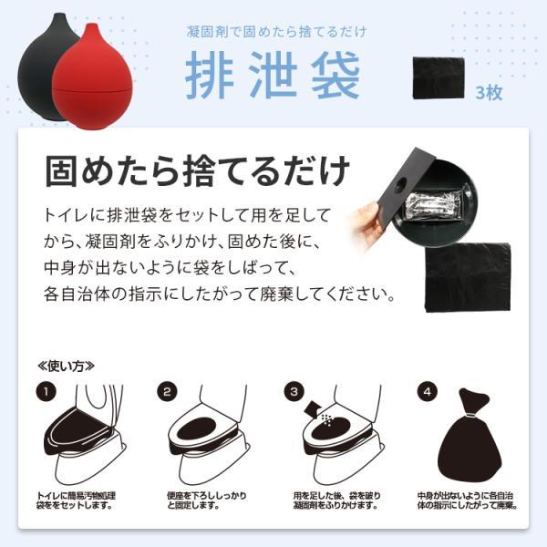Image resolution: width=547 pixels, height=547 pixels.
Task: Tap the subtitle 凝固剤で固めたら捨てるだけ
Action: pos(273,32)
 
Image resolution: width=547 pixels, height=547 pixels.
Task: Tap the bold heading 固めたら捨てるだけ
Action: pos(197,170)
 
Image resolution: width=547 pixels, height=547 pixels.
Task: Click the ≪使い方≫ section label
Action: pos(66,366)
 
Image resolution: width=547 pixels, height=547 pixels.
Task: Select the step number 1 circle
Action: pos(45,393)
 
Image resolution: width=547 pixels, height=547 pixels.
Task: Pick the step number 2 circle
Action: pos(167,393)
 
